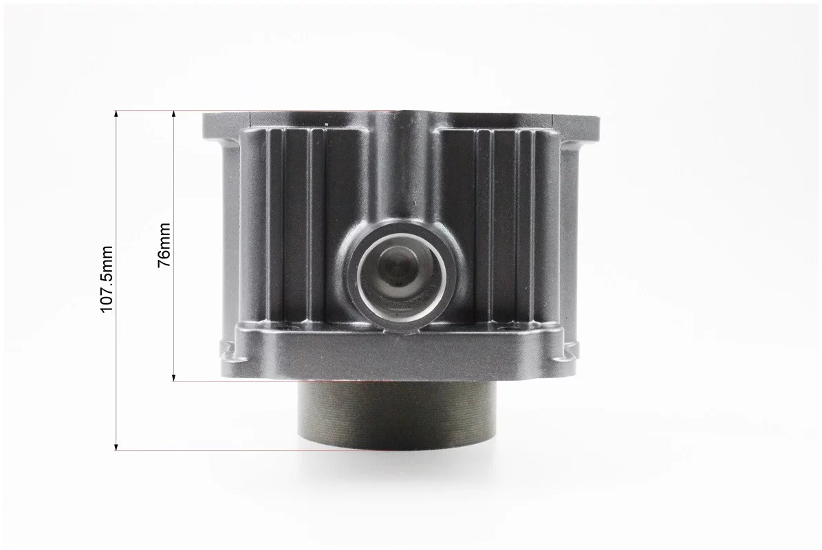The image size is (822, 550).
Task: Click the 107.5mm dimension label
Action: coord(107,278)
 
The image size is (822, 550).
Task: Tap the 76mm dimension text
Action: coord(164,245)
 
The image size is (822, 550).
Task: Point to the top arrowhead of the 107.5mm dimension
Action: coord(116,114)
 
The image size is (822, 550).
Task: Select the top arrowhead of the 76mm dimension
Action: coord(173,114)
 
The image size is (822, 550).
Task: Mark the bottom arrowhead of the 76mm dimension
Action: coord(173,377)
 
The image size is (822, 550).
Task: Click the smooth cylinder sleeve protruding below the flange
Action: coord(396,414)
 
